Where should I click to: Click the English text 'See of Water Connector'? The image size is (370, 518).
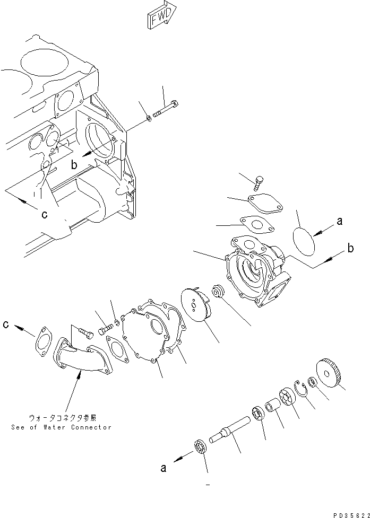point(62,427)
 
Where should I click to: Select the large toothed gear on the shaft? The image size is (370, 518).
point(328,374)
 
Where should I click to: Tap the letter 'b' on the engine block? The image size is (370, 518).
point(75,165)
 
